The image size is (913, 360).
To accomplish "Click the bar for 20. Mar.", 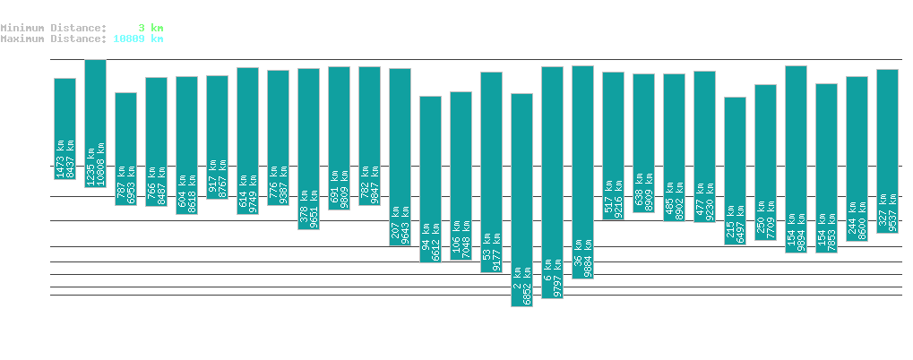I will (95, 123).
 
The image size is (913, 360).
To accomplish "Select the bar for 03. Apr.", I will (521, 200).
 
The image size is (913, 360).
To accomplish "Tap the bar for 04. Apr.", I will (552, 182).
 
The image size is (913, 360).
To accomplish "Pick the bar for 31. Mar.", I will (430, 179).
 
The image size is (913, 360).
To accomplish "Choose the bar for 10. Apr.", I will (735, 170).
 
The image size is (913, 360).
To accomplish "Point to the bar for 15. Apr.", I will (887, 150).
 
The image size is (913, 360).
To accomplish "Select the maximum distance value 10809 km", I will (138, 39).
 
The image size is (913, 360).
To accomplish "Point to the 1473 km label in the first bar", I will (59, 159).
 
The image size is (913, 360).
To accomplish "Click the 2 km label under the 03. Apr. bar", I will (517, 293).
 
